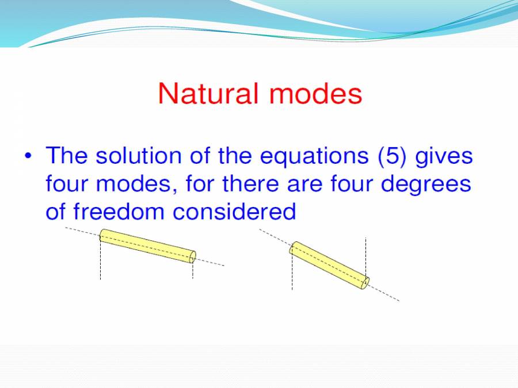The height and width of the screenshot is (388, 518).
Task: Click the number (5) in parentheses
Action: tap(397, 156)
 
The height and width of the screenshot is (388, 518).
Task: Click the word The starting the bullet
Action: tap(67, 156)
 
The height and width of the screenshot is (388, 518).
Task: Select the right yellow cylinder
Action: tap(329, 266)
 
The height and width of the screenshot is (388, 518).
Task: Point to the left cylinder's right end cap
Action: tap(193, 256)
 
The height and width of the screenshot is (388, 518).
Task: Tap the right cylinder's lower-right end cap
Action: tap(364, 283)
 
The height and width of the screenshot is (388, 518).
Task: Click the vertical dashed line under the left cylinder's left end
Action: tap(100, 262)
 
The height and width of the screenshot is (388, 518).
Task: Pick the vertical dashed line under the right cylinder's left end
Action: tap(292, 273)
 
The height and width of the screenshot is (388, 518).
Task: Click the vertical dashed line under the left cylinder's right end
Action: tap(193, 271)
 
